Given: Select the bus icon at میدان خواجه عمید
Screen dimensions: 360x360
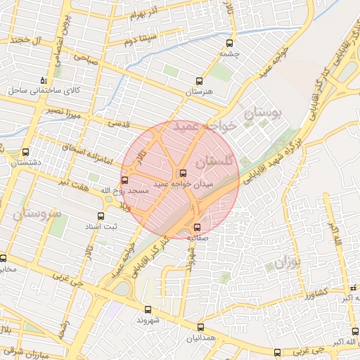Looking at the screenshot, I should click(x=183, y=173).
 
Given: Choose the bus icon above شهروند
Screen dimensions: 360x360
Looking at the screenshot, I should click(x=148, y=309).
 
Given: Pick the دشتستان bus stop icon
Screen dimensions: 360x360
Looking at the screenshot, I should click(x=26, y=152).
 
